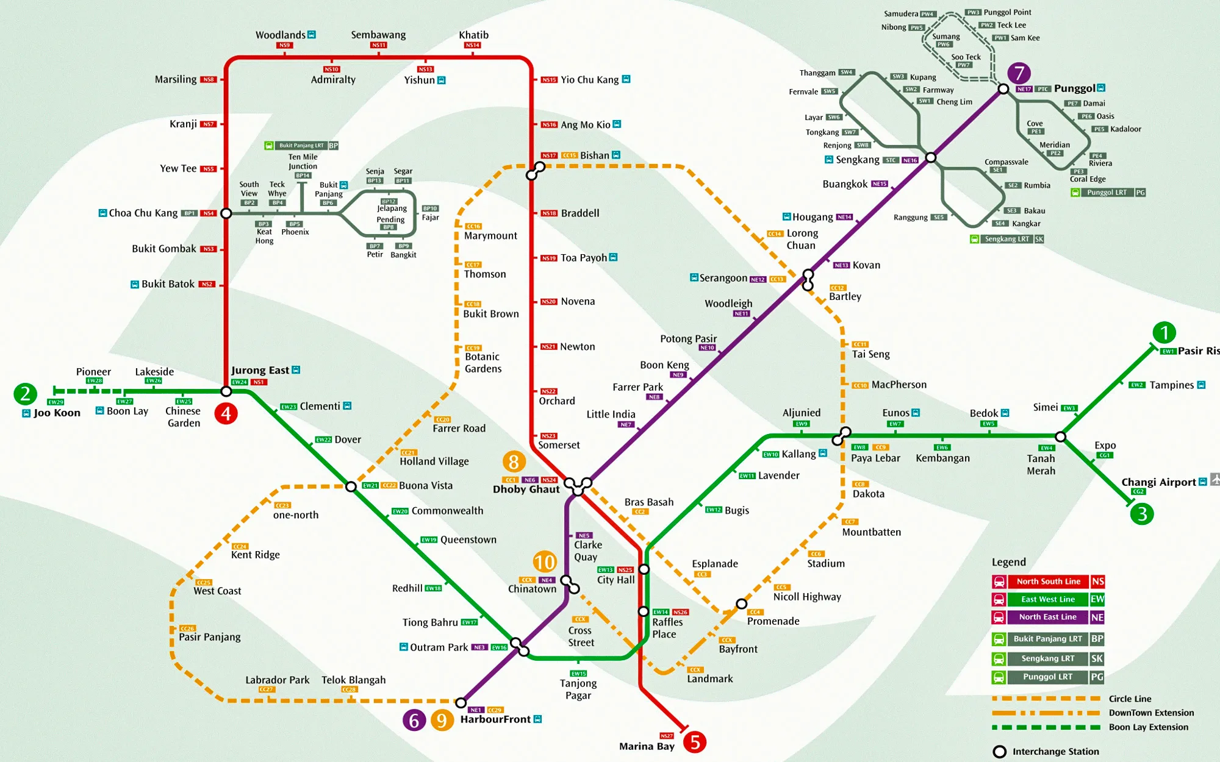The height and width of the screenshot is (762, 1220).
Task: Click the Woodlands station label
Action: [x=281, y=35]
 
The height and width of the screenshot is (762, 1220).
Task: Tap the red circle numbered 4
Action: [x=226, y=414]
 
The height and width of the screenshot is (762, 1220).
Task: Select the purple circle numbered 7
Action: [x=1019, y=73]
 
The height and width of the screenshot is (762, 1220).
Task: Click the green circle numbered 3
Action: [x=1142, y=514]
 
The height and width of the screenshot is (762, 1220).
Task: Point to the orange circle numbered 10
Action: [x=544, y=561]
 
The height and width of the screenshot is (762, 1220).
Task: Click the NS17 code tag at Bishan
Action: [x=549, y=155]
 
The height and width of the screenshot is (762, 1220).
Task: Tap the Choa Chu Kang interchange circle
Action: [x=226, y=213]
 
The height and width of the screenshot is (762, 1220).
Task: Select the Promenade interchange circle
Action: [x=741, y=604]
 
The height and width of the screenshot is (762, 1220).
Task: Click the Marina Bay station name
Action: [x=647, y=746]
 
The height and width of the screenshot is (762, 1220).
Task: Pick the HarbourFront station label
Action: [x=495, y=719]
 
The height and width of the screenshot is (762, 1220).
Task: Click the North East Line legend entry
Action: [x=1047, y=617]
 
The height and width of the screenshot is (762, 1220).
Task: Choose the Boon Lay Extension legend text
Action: [x=1148, y=727]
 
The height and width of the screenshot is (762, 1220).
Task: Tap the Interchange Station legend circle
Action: [x=999, y=752]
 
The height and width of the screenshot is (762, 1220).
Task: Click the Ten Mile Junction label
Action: [x=303, y=162]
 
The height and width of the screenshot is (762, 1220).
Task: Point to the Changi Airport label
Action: [x=1158, y=482]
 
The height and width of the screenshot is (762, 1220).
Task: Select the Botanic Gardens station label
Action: [x=483, y=363]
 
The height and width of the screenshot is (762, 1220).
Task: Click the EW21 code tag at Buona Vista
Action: [x=370, y=486]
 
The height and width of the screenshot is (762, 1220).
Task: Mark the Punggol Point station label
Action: [x=1007, y=12]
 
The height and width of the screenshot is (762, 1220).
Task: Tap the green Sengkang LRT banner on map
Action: [x=1006, y=239]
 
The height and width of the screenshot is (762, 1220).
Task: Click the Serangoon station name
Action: [x=723, y=278]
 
